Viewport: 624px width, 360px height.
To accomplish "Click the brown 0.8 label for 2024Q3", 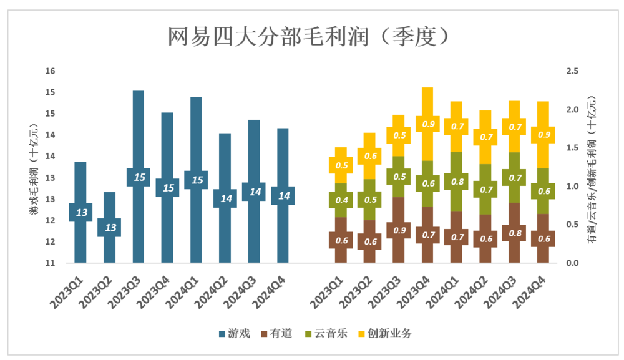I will [x=513, y=233].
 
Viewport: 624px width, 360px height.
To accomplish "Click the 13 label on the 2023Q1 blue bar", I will [x=81, y=213].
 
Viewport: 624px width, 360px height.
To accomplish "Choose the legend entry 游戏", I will [x=235, y=334].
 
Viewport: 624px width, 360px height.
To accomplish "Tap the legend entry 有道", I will [x=277, y=334].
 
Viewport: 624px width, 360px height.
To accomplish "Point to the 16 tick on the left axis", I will [x=51, y=71].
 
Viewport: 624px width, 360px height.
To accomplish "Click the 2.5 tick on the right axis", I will [x=572, y=71].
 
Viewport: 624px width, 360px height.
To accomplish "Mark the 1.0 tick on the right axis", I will [x=572, y=187].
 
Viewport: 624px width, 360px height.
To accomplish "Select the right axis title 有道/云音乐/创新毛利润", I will [x=591, y=167].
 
